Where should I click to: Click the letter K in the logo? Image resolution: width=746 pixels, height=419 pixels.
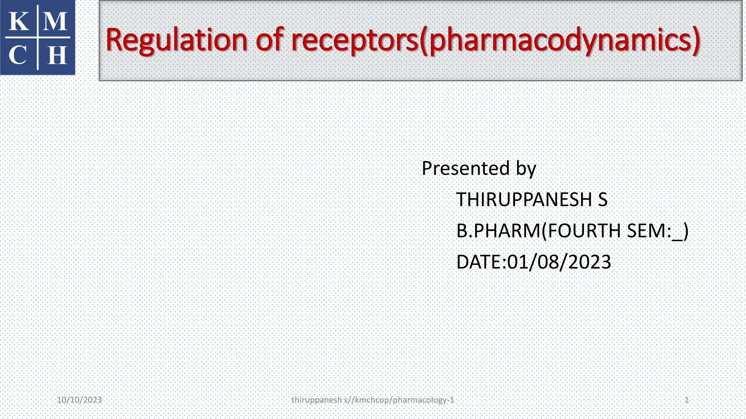coord(19,21)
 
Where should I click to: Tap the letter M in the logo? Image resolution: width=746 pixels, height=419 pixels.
coord(55,21)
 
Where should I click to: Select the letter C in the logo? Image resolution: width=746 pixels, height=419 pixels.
coord(18,55)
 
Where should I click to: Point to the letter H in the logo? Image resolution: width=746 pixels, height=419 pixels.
coord(57,55)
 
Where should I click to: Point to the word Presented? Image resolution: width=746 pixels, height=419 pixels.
coord(466,168)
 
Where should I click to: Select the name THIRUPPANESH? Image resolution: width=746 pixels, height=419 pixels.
coord(524,200)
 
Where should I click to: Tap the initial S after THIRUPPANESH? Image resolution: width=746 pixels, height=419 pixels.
coord(603,200)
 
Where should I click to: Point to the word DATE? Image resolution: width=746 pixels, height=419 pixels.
coord(478,262)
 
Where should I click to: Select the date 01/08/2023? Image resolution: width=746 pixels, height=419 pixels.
coord(559,262)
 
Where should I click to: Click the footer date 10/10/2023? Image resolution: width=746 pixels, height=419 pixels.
coord(79,400)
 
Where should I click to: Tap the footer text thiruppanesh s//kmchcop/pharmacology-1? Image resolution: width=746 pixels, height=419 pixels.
coord(373,400)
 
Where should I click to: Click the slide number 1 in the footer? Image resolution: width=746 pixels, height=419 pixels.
coord(687,400)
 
